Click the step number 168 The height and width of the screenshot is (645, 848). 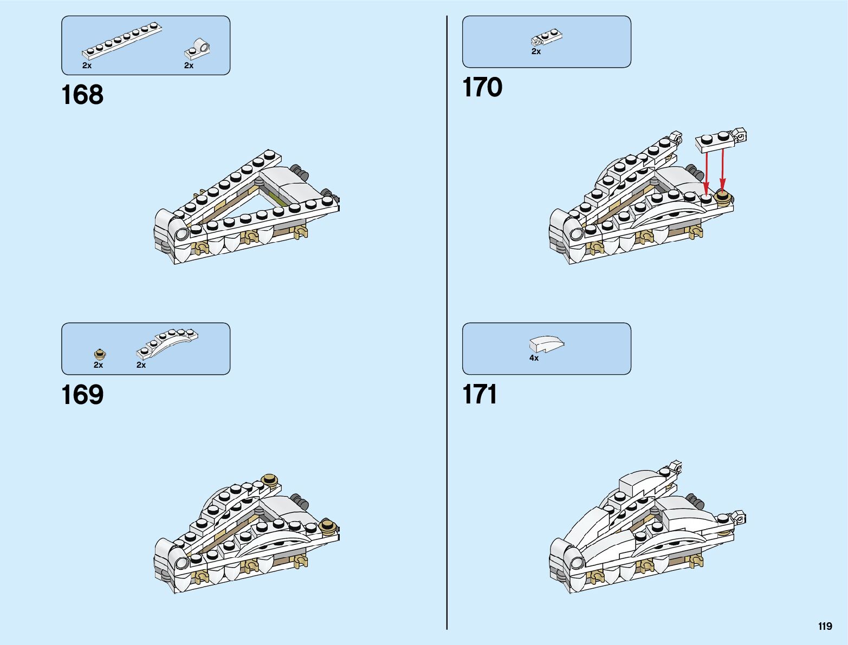click(82, 95)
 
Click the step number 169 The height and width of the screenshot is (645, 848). click(82, 395)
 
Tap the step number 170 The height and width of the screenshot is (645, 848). click(482, 87)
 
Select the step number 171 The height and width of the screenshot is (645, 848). click(480, 395)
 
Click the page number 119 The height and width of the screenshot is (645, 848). click(825, 627)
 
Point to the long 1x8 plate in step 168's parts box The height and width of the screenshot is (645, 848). click(122, 41)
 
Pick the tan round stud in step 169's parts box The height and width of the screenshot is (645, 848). click(99, 354)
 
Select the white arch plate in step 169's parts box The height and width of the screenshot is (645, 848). click(167, 343)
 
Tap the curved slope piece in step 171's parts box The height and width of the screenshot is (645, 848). click(546, 344)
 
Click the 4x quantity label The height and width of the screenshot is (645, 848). click(534, 358)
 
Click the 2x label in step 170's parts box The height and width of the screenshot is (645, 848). click(536, 51)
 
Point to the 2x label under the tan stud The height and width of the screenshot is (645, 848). click(98, 365)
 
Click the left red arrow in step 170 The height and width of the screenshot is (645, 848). click(706, 170)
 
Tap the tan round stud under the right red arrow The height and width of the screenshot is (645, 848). click(723, 196)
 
